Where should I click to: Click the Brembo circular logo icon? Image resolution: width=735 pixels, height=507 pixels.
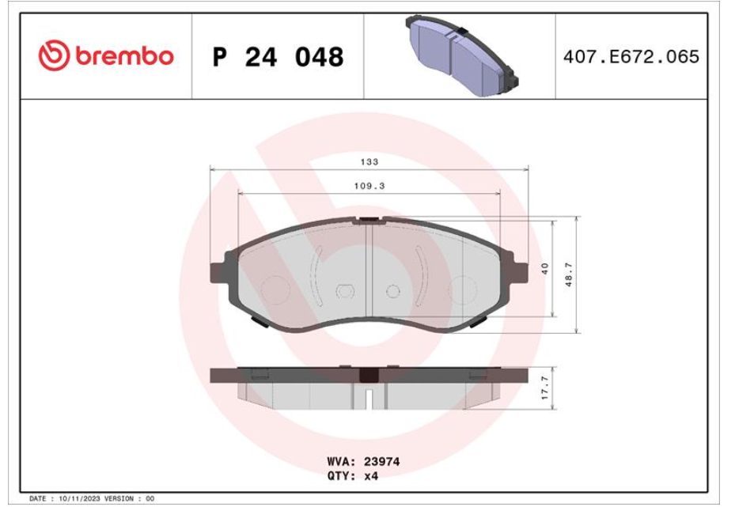pyautogui.click(x=54, y=55)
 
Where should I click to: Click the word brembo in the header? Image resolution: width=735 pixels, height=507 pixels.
pyautogui.click(x=124, y=55)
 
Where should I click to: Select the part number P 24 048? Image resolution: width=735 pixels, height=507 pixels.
pyautogui.click(x=278, y=57)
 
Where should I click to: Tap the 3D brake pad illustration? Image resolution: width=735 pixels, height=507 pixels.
pyautogui.click(x=462, y=55)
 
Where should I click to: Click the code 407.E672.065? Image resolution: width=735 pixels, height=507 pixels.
pyautogui.click(x=631, y=57)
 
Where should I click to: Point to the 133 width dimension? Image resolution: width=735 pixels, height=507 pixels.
pyautogui.click(x=369, y=161)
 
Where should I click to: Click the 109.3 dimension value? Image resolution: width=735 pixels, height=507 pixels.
pyautogui.click(x=369, y=186)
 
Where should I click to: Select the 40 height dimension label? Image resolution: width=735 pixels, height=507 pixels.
pyautogui.click(x=544, y=268)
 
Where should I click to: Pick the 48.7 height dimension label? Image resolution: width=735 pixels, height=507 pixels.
pyautogui.click(x=569, y=274)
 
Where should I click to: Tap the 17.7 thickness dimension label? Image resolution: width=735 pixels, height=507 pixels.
pyautogui.click(x=544, y=388)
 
